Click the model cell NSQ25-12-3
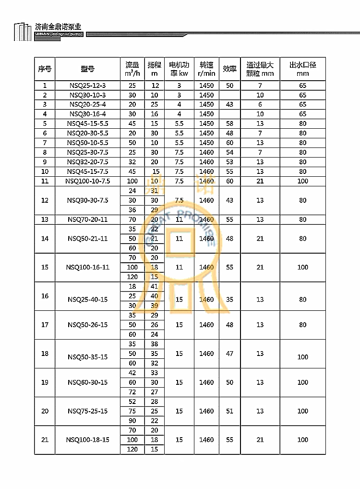87,86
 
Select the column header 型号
87,69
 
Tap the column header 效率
229,69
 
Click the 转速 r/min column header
206,69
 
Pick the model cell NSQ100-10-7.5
87,181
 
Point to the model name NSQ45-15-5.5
87,123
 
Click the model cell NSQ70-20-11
87,220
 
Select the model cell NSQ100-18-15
87,440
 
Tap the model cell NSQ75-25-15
87,411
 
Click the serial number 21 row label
45,440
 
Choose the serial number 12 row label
45,200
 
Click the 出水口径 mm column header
302,69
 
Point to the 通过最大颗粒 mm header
260,69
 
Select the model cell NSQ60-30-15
87,382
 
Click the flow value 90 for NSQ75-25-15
132,420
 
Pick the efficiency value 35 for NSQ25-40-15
229,299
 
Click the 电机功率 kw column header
179,69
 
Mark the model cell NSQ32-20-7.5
87,162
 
